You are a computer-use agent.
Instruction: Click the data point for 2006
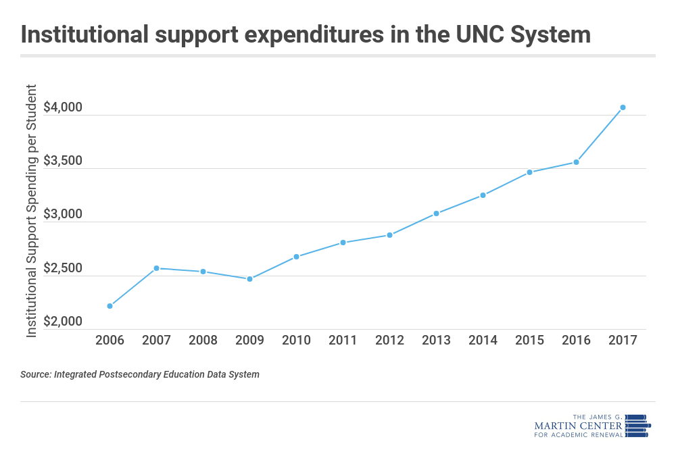click(x=110, y=306)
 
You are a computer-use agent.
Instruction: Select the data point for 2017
click(x=623, y=107)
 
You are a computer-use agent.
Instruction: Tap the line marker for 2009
click(x=249, y=279)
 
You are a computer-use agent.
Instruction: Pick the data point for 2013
click(x=436, y=213)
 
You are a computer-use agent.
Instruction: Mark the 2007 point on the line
click(x=156, y=268)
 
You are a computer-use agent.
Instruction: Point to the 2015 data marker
click(x=529, y=172)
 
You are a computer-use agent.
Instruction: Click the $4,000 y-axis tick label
click(x=63, y=108)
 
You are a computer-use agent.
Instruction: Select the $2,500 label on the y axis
click(x=63, y=269)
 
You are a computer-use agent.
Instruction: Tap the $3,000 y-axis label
click(x=63, y=216)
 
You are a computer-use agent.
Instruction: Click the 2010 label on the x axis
click(x=296, y=340)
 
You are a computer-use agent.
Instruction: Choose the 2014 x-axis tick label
click(x=483, y=340)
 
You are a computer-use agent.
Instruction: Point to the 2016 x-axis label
click(x=576, y=340)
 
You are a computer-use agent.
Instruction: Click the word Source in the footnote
click(x=35, y=374)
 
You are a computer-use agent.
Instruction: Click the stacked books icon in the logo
click(x=636, y=425)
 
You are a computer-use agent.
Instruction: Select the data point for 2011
click(x=343, y=243)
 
